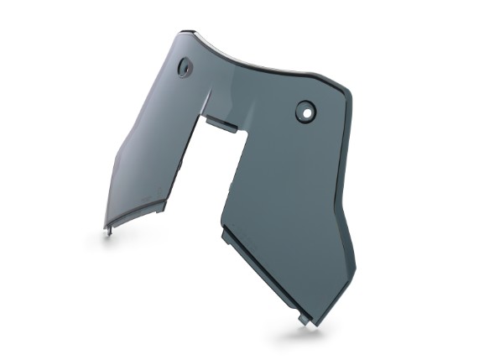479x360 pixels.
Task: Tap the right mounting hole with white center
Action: [x=305, y=109]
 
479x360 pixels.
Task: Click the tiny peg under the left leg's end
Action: [x=107, y=227]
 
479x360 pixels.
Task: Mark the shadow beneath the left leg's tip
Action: [x=110, y=239]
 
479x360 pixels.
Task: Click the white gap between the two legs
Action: [x=201, y=185]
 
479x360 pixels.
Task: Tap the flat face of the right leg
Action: [x=285, y=201]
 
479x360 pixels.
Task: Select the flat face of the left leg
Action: [x=151, y=151]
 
